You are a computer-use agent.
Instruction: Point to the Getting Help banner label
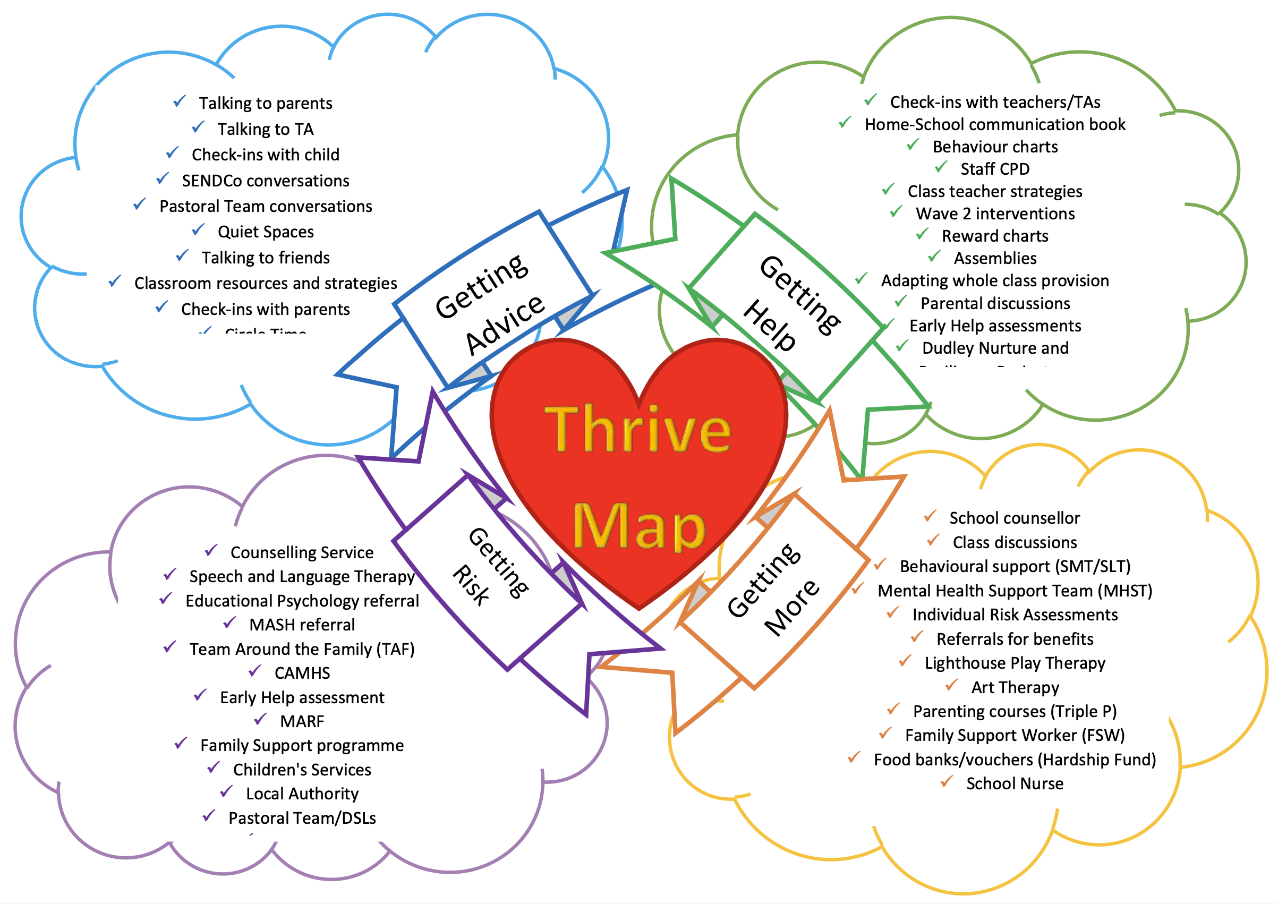(x=790, y=303)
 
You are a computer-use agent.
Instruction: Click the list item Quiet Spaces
(x=266, y=232)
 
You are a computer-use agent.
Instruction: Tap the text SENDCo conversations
(x=266, y=181)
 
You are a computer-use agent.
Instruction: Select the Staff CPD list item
(x=995, y=169)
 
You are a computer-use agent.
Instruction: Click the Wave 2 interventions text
(x=995, y=213)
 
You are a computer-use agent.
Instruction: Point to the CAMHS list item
(x=302, y=673)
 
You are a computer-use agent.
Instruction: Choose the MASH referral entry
(x=302, y=625)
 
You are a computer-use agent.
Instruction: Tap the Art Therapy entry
(x=1015, y=687)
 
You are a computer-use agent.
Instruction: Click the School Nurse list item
(x=1014, y=784)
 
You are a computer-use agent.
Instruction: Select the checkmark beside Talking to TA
(x=198, y=127)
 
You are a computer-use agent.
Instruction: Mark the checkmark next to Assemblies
(x=934, y=257)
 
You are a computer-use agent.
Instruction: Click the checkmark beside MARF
(x=260, y=720)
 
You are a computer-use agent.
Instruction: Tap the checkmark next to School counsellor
(x=930, y=517)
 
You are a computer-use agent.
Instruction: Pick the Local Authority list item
(x=302, y=794)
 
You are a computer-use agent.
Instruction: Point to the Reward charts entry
(x=995, y=236)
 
